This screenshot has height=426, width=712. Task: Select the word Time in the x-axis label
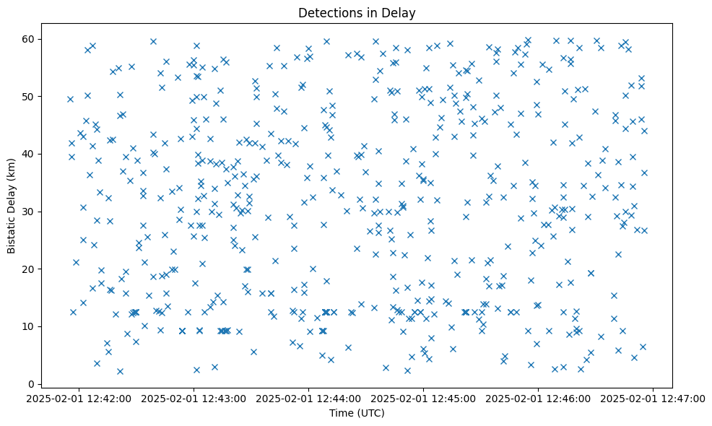click(x=342, y=414)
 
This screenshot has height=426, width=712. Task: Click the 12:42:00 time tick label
click(x=79, y=398)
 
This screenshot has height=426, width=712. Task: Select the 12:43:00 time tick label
click(x=194, y=398)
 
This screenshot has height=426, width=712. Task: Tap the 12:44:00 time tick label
click(x=309, y=398)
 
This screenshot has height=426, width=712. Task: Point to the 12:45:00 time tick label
click(x=424, y=398)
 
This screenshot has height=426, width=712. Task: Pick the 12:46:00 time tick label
click(x=539, y=398)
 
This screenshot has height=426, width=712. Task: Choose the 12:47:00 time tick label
click(x=654, y=398)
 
